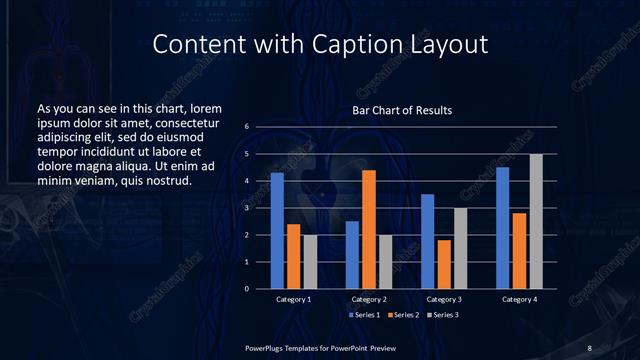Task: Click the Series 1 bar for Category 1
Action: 277,231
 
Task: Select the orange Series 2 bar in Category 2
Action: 369,229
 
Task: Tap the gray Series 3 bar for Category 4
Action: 536,221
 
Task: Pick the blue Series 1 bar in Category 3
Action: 428,241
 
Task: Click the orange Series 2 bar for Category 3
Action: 444,264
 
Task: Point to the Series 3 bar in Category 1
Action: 309,262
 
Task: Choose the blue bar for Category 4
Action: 503,228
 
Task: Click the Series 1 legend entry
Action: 363,314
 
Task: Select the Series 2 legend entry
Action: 401,314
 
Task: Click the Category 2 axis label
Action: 369,299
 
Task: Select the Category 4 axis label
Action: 518,299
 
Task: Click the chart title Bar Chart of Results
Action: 402,110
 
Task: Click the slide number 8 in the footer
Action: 590,346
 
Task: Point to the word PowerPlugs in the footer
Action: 265,346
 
